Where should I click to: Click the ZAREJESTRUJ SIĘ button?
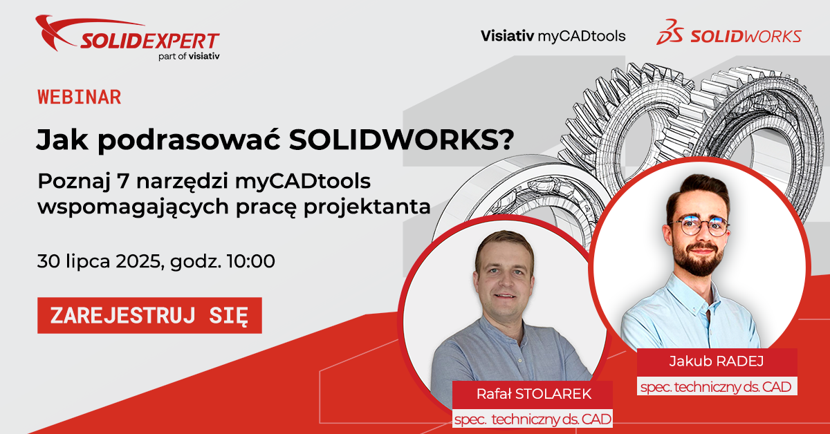(x=149, y=316)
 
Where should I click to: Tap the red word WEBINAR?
(x=80, y=97)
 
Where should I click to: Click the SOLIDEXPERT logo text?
(x=150, y=41)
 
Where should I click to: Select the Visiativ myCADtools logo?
(x=553, y=37)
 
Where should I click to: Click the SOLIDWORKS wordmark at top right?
(x=746, y=37)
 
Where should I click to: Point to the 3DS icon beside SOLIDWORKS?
(x=670, y=32)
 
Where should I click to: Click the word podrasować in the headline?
(x=189, y=140)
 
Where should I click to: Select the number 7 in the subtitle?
(x=122, y=182)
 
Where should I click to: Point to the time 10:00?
(x=251, y=261)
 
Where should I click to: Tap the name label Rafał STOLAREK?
(x=534, y=394)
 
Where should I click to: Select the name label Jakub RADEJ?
(x=717, y=361)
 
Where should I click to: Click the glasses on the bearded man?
(x=699, y=226)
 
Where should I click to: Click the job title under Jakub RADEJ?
(x=717, y=387)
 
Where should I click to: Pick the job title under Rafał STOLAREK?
(x=533, y=419)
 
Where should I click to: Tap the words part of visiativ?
(x=189, y=56)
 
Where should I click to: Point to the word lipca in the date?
(x=89, y=262)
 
